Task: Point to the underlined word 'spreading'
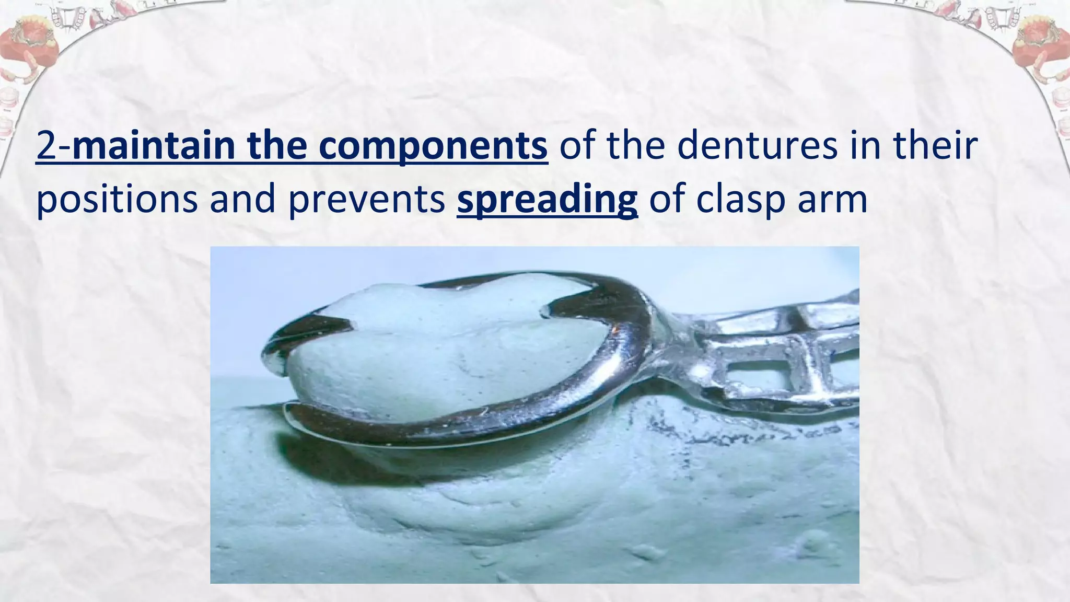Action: tap(547, 200)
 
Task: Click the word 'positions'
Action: tap(117, 200)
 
